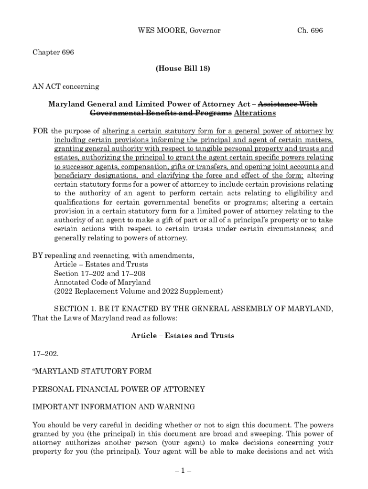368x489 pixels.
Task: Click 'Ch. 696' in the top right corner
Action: point(310,31)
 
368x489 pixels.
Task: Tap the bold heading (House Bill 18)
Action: point(183,69)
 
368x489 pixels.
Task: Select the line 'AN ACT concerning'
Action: point(65,86)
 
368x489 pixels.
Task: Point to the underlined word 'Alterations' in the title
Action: point(255,113)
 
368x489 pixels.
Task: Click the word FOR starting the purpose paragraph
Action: point(40,131)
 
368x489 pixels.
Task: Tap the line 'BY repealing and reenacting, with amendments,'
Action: point(113,255)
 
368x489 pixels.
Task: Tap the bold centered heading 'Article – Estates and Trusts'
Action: point(183,335)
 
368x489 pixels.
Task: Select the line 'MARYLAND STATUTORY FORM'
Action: point(92,371)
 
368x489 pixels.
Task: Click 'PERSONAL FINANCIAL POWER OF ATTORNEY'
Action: point(119,389)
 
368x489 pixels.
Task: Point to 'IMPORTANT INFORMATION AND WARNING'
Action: point(113,406)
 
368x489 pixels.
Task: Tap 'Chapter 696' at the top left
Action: point(53,52)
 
